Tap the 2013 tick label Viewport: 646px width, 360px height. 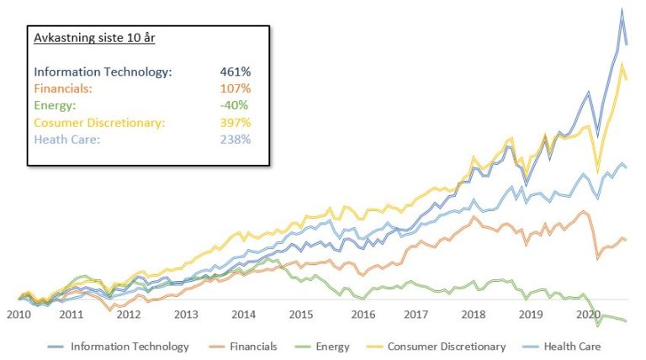(186, 315)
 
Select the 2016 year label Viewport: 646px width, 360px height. (363, 315)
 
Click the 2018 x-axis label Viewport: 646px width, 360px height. (473, 315)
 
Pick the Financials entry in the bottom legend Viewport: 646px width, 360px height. (253, 346)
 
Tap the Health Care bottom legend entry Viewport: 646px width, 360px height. (573, 346)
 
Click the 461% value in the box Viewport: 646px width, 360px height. (235, 71)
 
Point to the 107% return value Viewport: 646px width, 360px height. (235, 88)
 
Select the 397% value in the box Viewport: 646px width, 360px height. (235, 122)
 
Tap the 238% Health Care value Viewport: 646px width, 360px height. (235, 139)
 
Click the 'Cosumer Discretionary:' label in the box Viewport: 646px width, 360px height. (99, 122)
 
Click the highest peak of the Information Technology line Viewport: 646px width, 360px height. (622, 9)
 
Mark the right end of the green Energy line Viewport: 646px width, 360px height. (627, 320)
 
